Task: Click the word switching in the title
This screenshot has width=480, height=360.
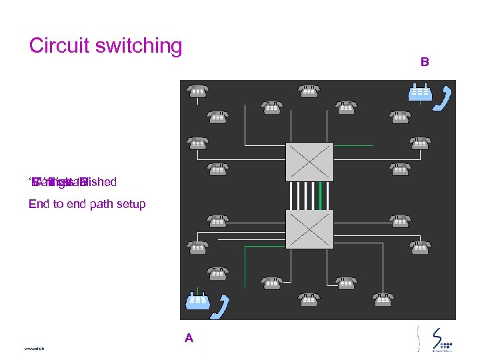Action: (x=138, y=47)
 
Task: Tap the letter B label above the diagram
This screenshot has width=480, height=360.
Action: (x=425, y=62)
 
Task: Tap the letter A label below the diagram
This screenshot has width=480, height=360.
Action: (x=189, y=338)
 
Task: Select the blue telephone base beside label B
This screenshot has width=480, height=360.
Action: (x=419, y=92)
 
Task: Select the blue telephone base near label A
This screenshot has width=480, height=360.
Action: (x=198, y=301)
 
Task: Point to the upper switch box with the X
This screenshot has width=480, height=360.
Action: (x=309, y=161)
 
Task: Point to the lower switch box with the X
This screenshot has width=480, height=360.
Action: (x=309, y=229)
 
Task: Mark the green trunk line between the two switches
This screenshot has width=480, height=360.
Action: (x=321, y=195)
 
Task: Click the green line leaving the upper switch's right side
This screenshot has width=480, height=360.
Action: (x=353, y=145)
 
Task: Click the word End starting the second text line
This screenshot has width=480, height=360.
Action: (x=39, y=204)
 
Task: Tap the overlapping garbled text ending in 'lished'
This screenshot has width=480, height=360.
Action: (x=73, y=182)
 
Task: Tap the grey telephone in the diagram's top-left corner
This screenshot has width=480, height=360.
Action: (x=197, y=91)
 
